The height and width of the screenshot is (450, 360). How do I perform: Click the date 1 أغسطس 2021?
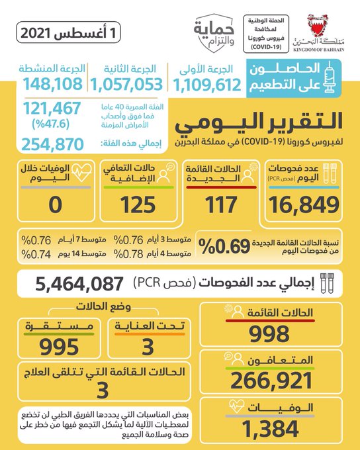click(x=68, y=33)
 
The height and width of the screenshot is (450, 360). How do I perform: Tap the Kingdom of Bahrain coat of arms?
click(x=318, y=26)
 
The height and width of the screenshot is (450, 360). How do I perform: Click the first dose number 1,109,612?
click(x=207, y=85)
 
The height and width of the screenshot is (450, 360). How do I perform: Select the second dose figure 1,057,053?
click(x=126, y=85)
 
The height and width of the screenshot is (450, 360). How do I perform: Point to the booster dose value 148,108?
click(x=53, y=84)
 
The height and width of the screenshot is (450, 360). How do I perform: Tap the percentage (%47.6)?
click(x=51, y=124)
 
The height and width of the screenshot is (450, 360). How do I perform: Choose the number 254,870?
click(x=52, y=144)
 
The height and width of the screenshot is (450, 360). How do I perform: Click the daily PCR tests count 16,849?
click(x=304, y=205)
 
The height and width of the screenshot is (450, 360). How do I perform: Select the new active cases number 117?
click(x=221, y=204)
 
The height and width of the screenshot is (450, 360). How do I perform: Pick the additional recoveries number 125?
click(x=138, y=204)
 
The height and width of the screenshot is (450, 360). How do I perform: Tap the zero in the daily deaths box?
click(x=56, y=205)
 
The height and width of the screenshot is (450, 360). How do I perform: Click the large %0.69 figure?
click(x=224, y=246)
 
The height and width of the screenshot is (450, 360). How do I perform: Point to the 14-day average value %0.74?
click(x=36, y=254)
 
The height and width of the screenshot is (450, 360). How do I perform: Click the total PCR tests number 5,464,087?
click(x=79, y=284)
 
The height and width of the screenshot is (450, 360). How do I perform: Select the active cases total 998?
click(x=269, y=334)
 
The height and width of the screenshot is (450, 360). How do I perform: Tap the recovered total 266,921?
click(x=271, y=381)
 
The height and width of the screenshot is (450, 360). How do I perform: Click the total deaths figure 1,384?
click(x=270, y=429)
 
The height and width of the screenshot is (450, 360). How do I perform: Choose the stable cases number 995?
click(x=59, y=347)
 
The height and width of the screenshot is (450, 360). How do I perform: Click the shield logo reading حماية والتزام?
click(x=214, y=33)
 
